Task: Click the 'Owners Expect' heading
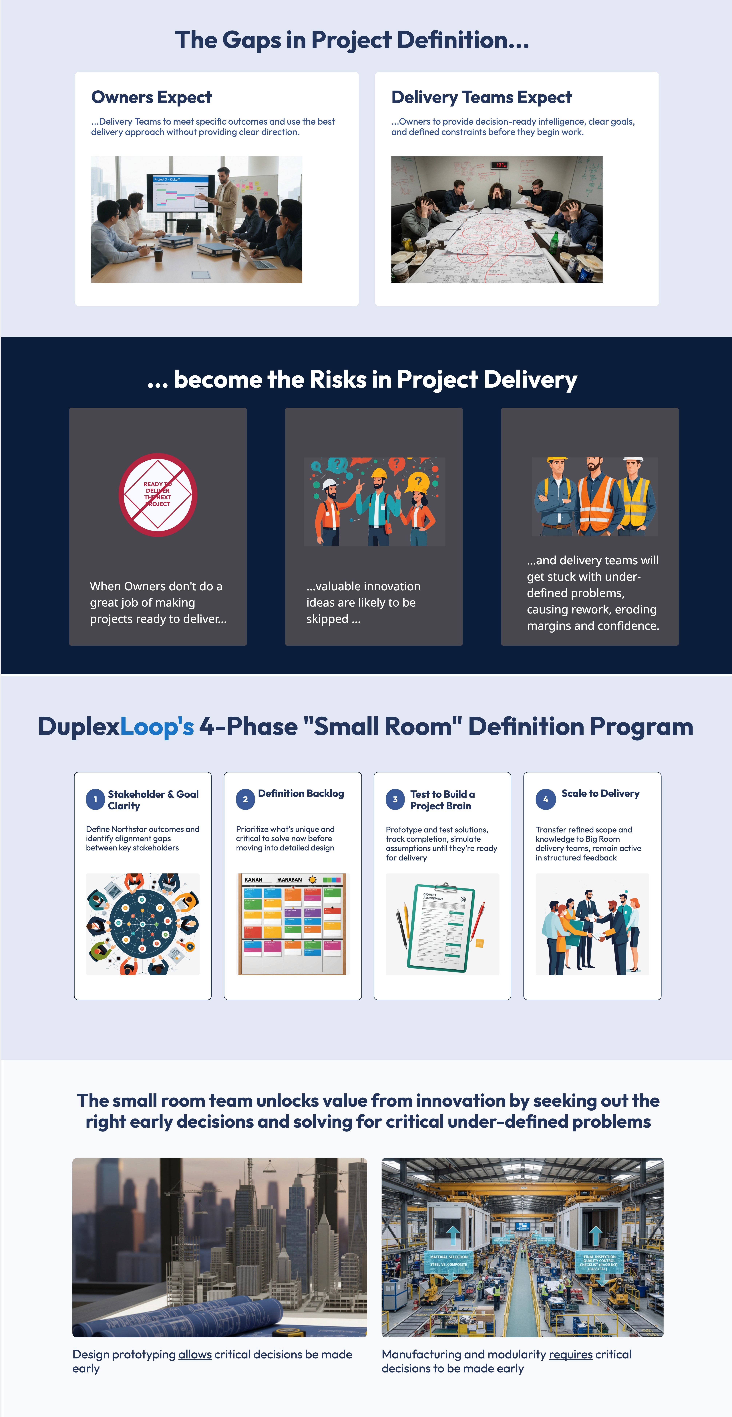click(x=151, y=97)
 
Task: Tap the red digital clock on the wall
click(x=499, y=165)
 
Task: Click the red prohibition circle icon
click(x=158, y=495)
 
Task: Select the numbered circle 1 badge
click(x=95, y=799)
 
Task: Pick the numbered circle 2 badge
click(x=245, y=799)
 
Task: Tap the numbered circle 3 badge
click(x=395, y=799)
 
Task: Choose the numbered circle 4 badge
click(x=545, y=799)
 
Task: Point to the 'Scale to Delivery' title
click(x=600, y=793)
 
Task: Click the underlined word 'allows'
click(x=195, y=1354)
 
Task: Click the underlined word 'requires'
click(x=570, y=1354)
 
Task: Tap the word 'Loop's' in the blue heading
click(x=157, y=727)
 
